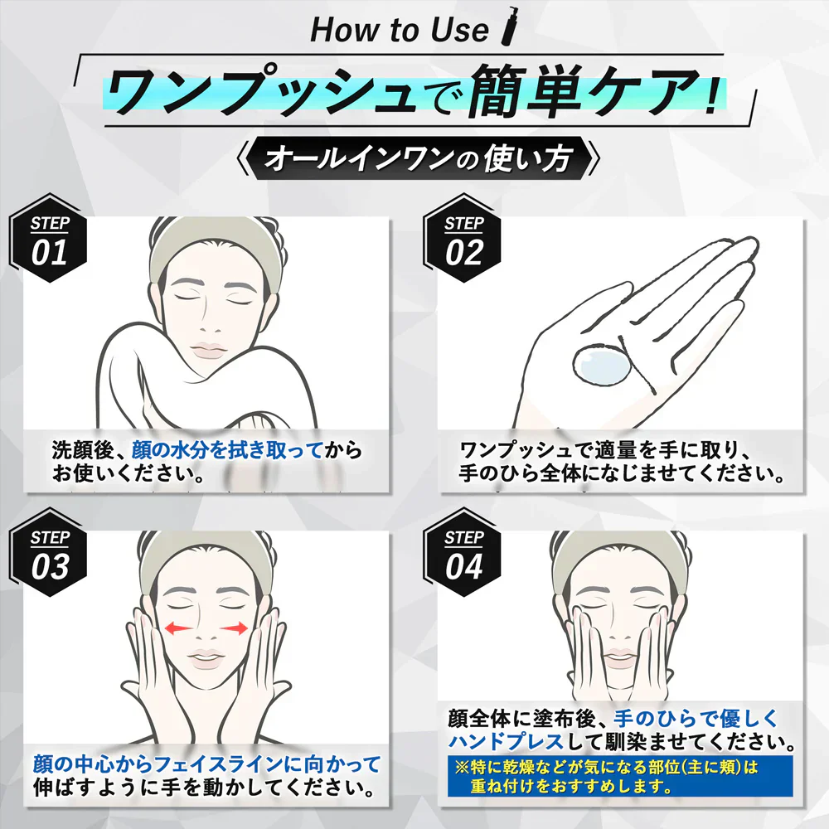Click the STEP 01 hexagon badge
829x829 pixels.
pyautogui.click(x=49, y=238)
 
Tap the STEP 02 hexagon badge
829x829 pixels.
pyautogui.click(x=463, y=238)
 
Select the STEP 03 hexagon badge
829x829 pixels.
pyautogui.click(x=49, y=552)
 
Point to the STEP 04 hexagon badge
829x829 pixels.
pyautogui.click(x=463, y=552)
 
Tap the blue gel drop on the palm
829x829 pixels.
pyautogui.click(x=602, y=364)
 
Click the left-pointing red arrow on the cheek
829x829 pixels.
pyautogui.click(x=177, y=628)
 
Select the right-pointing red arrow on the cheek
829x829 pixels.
pyautogui.click(x=234, y=628)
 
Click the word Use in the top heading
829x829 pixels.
pyautogui.click(x=459, y=30)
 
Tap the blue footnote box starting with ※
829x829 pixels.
pyautogui.click(x=620, y=776)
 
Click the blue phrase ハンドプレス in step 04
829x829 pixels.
pyautogui.click(x=506, y=742)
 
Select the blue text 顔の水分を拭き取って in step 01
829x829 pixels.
pyautogui.click(x=227, y=450)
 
